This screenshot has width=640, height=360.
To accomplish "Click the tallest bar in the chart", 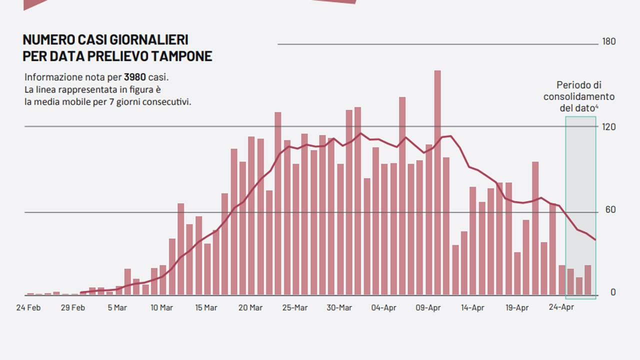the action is point(437,183).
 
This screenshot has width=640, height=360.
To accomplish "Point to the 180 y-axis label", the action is point(609,41).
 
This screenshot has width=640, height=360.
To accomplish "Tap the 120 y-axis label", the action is point(609,127).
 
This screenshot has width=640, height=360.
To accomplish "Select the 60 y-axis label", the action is point(610,210).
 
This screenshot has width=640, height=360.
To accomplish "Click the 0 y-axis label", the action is point(613,292).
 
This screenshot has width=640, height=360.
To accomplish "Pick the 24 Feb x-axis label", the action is point(28,307).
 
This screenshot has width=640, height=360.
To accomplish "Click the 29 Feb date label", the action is point(73,307).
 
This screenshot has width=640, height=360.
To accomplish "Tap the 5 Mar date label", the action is point(117,307).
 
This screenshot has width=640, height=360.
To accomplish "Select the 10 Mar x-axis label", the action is point(161,307).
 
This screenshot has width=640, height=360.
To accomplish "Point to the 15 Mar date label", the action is point(206,307).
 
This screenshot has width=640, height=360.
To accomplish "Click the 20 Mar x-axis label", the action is point(250,307).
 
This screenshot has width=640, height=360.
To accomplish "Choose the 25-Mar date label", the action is point(295,307).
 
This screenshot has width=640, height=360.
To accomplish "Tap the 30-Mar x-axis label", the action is point(339,307).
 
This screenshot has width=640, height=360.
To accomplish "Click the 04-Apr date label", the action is point(383,307).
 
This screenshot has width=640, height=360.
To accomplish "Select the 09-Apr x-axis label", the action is point(428,307).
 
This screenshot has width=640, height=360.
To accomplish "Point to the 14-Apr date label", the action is point(472,307).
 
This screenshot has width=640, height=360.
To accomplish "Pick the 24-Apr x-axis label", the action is point(561,307).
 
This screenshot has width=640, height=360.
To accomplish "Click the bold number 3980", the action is point(135,77).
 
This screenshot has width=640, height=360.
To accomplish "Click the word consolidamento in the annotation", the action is point(579,97).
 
